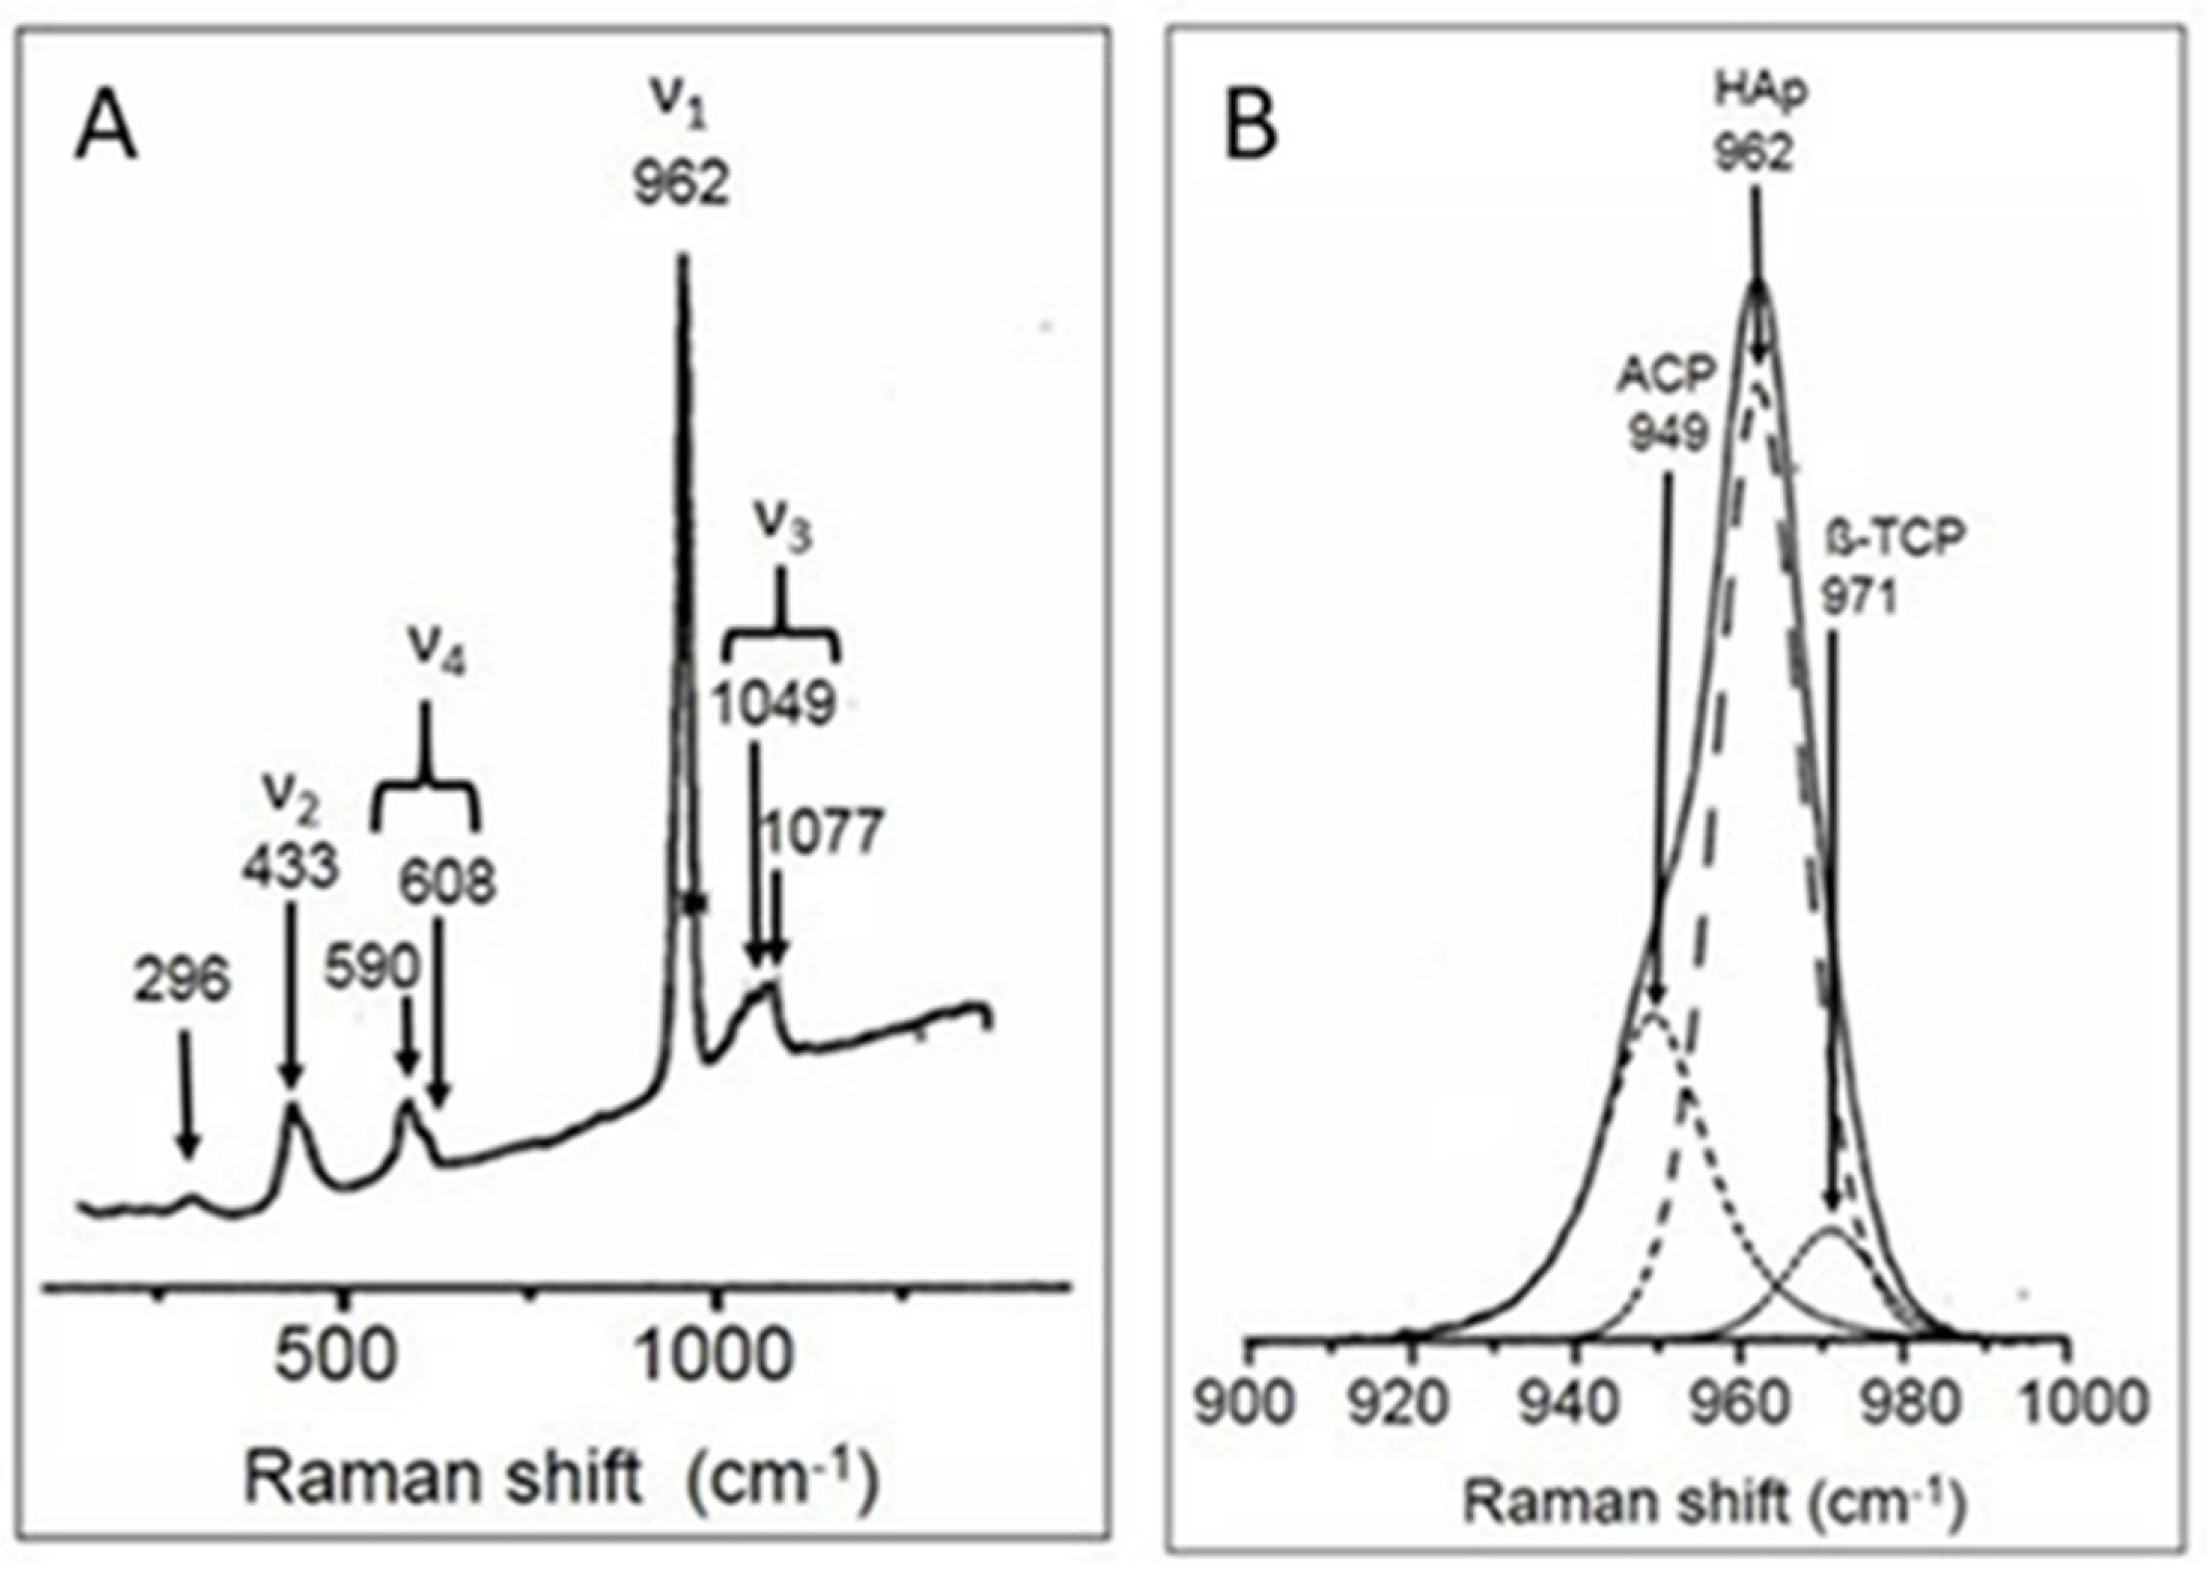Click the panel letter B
(x=1252, y=128)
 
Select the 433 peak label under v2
(x=290, y=866)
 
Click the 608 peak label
(x=446, y=882)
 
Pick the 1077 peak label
(x=823, y=833)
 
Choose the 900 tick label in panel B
(x=1245, y=1402)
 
